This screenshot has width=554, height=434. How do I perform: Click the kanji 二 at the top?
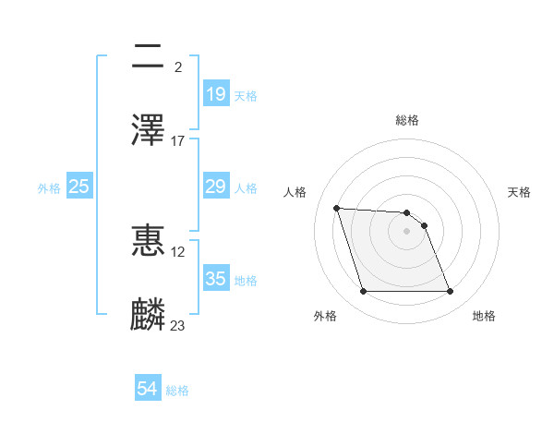pos(149,56)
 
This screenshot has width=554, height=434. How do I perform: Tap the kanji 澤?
pos(149,129)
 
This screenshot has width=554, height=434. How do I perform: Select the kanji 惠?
pos(149,240)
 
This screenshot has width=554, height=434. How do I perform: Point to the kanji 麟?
pos(149,314)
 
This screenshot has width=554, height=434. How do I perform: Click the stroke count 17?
pos(178,140)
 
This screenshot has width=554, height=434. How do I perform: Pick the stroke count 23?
pos(178,325)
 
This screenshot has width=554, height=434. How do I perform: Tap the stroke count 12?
pos(178,251)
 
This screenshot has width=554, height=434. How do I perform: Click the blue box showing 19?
pos(215,94)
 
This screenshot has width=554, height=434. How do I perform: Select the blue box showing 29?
pos(215,187)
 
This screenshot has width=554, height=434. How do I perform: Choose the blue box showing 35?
pos(215,279)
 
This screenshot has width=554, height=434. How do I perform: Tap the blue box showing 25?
pos(79,187)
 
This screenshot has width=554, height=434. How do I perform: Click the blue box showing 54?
pos(148,390)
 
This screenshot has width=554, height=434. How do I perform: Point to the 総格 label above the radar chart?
pos(407,120)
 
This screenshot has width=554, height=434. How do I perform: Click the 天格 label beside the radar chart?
pos(520,192)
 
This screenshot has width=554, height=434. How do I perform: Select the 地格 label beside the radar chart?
pos(484,316)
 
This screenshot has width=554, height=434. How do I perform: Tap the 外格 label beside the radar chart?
pos(325,316)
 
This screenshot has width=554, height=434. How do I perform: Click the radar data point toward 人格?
pos(337,208)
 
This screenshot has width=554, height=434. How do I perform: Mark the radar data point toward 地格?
pos(451,292)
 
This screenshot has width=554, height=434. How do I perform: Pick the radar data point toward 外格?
pos(363,292)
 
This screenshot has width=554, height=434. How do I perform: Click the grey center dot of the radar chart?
pos(407,231)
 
